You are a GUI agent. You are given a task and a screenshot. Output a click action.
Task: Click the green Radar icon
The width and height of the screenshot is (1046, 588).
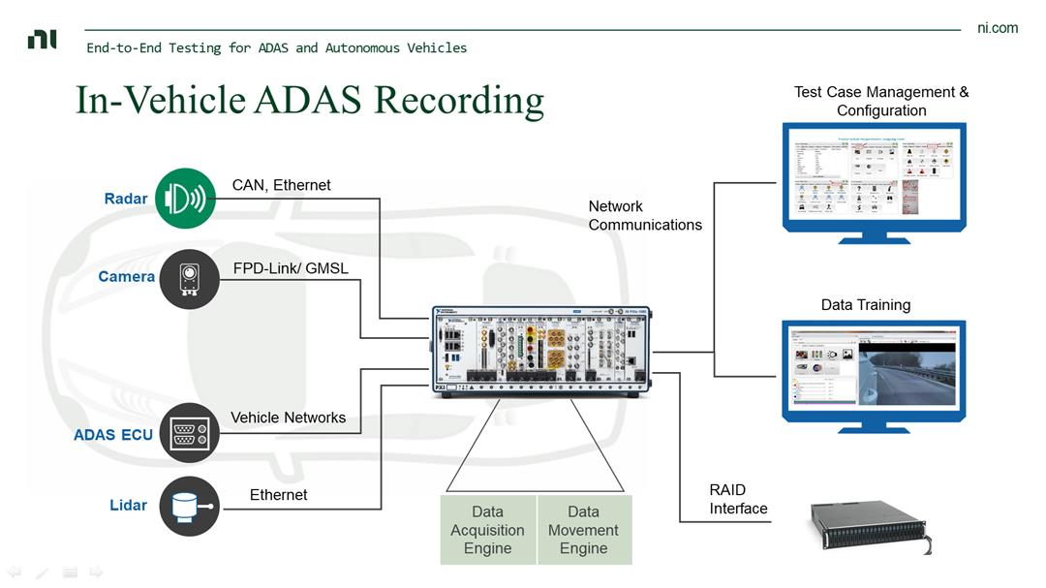[186, 199]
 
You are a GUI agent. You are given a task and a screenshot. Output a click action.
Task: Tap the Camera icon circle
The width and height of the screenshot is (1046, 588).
[189, 279]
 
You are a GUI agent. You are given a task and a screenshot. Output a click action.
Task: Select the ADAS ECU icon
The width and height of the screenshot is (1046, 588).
[189, 433]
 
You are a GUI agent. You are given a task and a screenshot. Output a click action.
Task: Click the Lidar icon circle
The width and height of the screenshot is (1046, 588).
[189, 506]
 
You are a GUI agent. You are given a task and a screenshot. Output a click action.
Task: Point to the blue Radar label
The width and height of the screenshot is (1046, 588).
[126, 199]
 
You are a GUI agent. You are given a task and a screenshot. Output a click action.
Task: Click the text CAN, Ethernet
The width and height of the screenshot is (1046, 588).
[282, 185]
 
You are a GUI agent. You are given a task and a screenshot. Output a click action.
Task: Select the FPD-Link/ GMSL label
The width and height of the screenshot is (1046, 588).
[291, 268]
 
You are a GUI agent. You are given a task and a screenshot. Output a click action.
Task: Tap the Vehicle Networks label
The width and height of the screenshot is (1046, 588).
[288, 418]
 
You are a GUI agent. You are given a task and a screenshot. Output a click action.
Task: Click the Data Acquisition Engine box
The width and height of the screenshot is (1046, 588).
[488, 530]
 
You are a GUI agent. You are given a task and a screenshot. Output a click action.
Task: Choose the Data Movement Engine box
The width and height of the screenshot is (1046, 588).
[583, 530]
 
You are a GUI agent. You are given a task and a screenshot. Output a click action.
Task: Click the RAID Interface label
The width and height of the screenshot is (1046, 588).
[738, 499]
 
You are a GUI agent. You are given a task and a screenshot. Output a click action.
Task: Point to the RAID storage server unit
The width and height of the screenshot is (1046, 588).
[867, 527]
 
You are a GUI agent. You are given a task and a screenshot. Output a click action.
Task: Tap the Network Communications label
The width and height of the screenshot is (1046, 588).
[645, 215]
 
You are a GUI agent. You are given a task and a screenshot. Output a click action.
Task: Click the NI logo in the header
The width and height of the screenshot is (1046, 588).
[42, 40]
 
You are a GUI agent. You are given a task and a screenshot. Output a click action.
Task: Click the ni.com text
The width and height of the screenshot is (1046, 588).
[998, 28]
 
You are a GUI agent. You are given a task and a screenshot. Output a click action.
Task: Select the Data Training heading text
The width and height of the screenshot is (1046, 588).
[865, 304]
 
